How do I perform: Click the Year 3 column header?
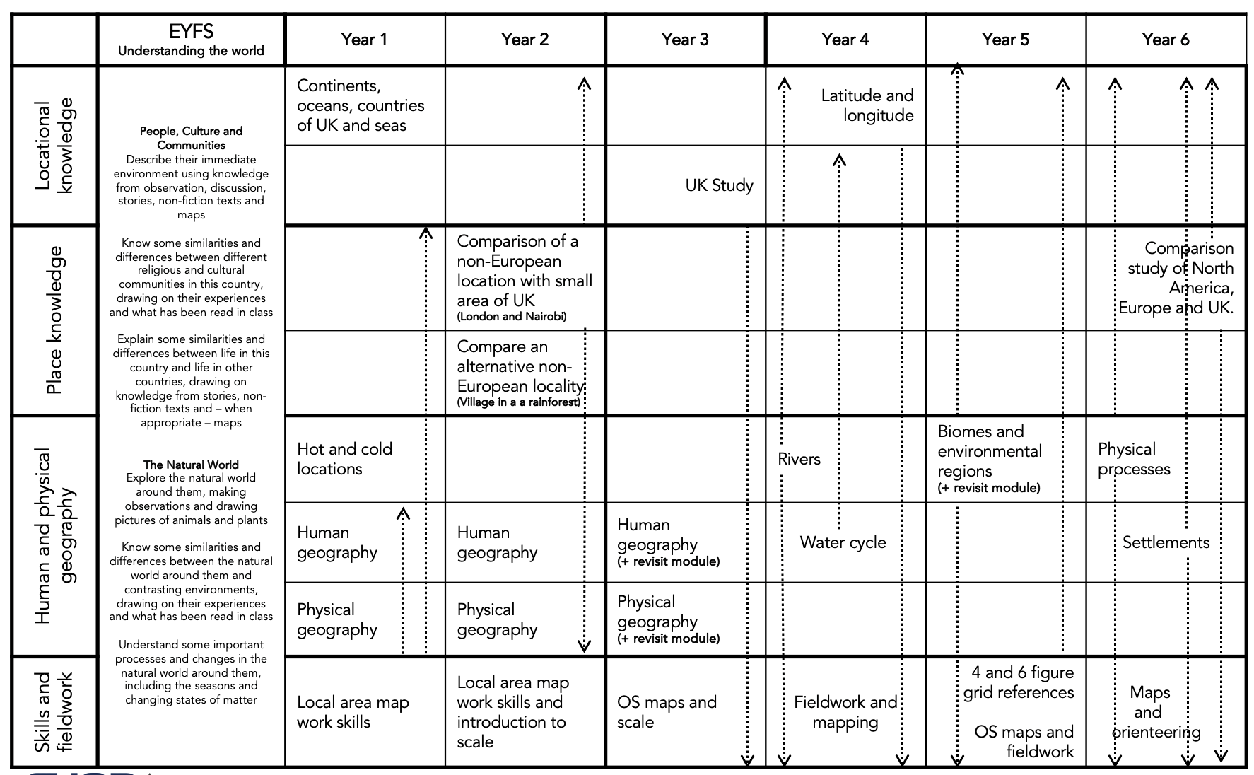click(x=684, y=40)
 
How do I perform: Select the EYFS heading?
click(x=191, y=32)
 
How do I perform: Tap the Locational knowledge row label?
click(x=54, y=146)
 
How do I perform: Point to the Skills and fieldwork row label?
click(x=54, y=712)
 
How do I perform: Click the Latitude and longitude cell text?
click(x=867, y=105)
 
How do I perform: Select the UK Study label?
click(x=719, y=185)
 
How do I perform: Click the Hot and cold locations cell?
click(x=344, y=459)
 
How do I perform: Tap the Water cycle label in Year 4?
click(x=843, y=542)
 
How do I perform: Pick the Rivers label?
click(x=799, y=459)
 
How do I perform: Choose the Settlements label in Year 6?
click(x=1166, y=542)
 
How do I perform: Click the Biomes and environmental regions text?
click(x=989, y=451)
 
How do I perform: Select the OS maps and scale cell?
click(x=667, y=712)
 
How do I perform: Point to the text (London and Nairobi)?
click(x=511, y=317)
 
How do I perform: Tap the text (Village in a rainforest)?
click(x=518, y=402)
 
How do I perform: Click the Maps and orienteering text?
click(x=1150, y=712)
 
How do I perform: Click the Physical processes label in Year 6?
click(x=1134, y=459)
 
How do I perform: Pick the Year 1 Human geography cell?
click(x=337, y=542)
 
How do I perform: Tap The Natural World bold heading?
click(x=191, y=465)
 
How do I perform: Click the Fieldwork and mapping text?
click(x=845, y=712)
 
